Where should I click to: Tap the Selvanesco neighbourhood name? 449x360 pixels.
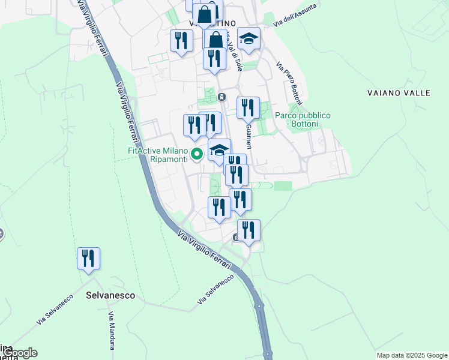[x=110, y=296]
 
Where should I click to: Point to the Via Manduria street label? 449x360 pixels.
[x=111, y=331]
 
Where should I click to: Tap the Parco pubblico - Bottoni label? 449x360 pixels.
[x=303, y=119]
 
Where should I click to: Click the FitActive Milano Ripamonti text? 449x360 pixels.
[x=157, y=155]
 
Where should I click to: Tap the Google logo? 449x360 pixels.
[x=19, y=353]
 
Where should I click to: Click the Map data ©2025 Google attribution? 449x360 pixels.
[x=411, y=355]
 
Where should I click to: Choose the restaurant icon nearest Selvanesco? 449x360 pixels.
[x=88, y=259]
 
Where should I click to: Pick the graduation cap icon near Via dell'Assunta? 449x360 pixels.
[x=249, y=39]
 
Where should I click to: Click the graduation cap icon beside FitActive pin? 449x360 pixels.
[x=219, y=149]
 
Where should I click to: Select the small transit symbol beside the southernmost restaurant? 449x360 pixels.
[x=236, y=238]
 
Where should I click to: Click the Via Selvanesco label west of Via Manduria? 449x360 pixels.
[x=55, y=309]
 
